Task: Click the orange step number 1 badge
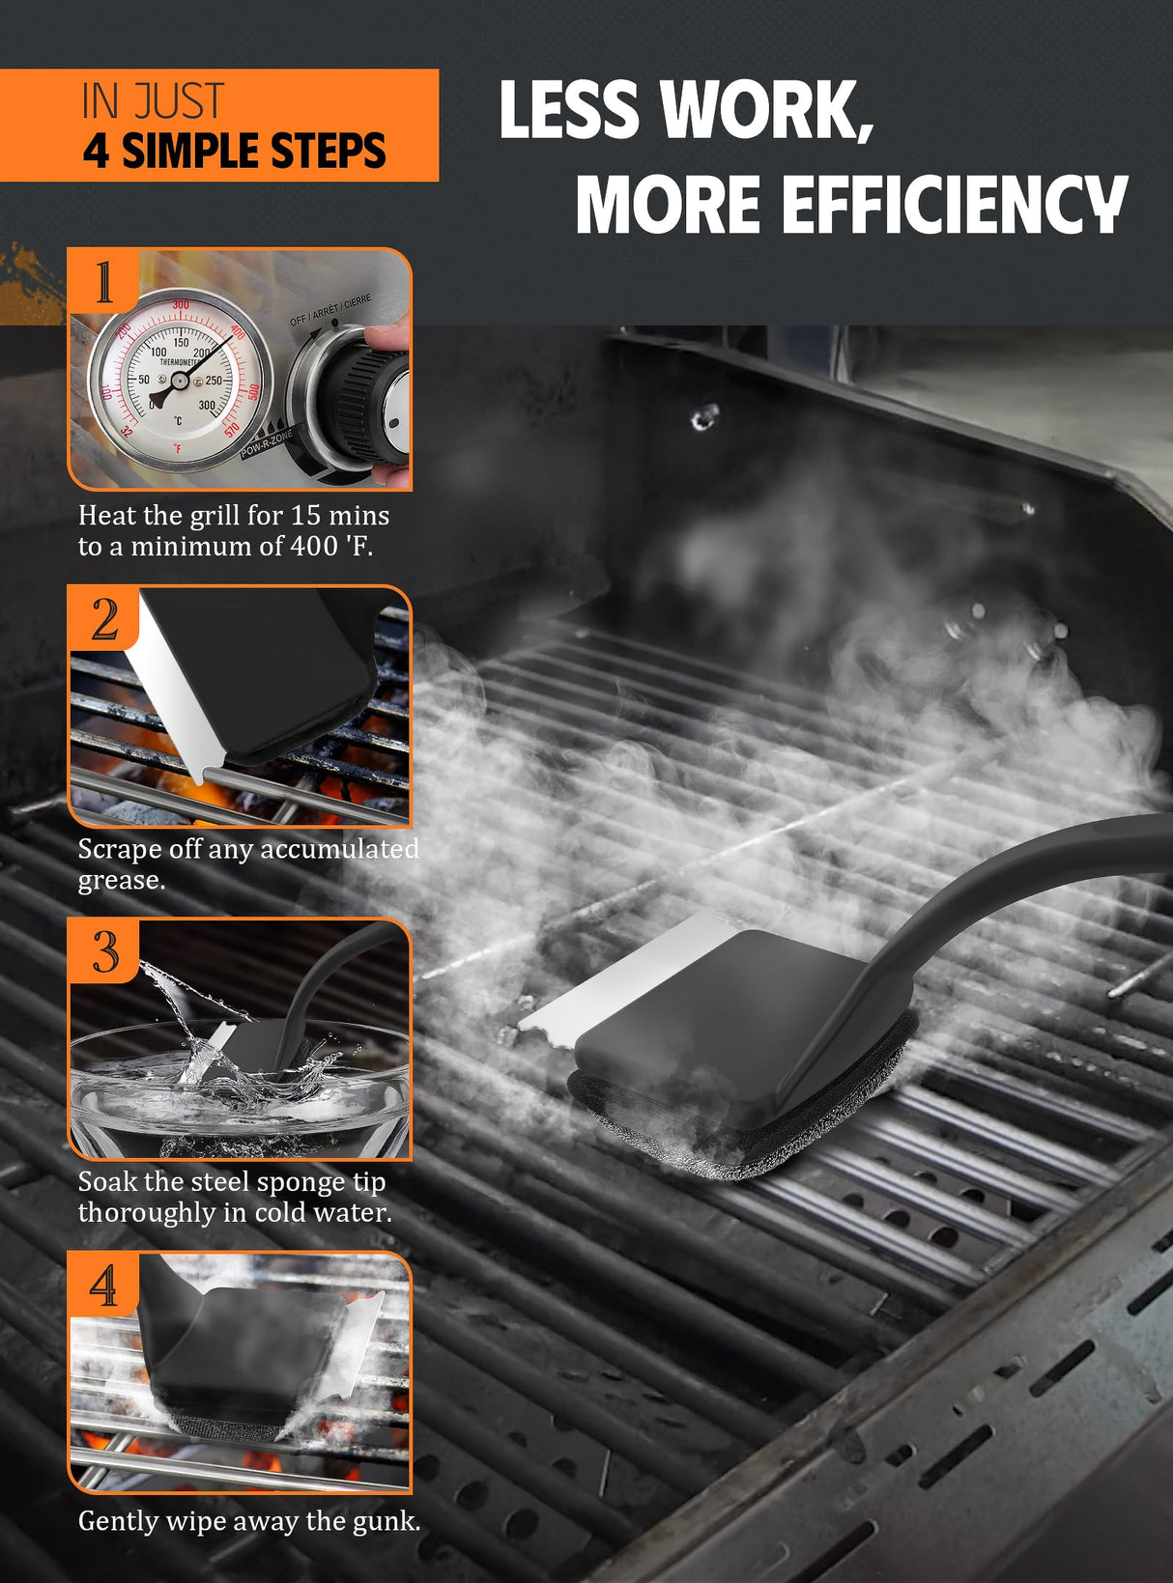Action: [103, 281]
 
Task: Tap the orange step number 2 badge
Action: [104, 618]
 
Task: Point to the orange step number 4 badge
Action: [104, 1284]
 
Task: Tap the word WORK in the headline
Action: [766, 110]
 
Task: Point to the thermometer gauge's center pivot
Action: [181, 382]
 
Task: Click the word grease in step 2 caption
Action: [122, 881]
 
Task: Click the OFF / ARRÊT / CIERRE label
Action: [330, 310]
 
